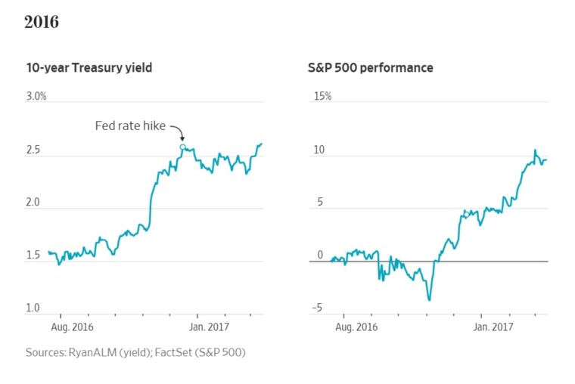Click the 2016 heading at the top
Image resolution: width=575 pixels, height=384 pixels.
click(42, 22)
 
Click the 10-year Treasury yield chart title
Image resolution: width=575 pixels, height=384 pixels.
click(89, 68)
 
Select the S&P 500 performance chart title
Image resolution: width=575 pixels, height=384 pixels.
click(371, 68)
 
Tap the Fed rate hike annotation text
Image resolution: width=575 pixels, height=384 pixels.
click(130, 125)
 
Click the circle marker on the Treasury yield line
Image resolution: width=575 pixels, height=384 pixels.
click(182, 147)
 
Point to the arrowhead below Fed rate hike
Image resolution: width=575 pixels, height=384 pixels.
click(182, 138)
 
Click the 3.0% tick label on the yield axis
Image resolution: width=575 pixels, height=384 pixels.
click(36, 96)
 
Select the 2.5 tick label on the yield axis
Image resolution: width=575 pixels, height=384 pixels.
click(33, 150)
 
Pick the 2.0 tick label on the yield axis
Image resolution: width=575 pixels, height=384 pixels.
click(33, 203)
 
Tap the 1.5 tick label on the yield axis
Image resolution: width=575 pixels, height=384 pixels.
click(33, 255)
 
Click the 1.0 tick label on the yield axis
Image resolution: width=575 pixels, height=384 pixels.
click(33, 308)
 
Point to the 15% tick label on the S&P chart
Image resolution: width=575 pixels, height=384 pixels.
click(323, 96)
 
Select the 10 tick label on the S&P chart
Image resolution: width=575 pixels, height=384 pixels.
click(319, 150)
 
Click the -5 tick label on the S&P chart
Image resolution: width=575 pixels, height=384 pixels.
click(317, 308)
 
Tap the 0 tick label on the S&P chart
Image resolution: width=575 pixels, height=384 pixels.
click(320, 255)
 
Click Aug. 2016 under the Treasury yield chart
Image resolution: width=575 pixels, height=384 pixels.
click(72, 327)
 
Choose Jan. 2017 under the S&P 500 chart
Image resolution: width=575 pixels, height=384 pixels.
click(493, 327)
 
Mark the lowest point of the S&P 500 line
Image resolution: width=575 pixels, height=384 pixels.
click(430, 300)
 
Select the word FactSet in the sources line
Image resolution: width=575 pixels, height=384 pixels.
click(173, 352)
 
